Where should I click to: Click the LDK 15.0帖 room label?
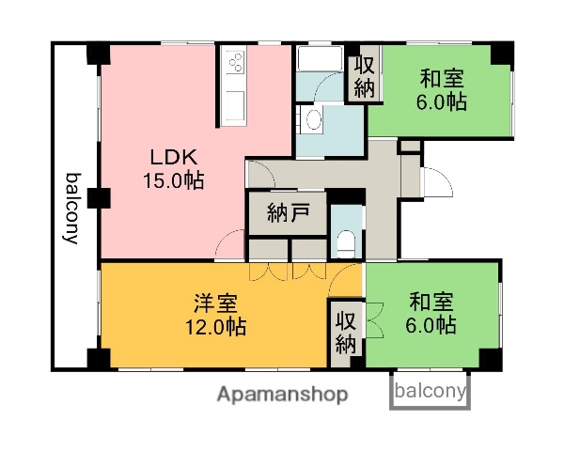click(x=173, y=167)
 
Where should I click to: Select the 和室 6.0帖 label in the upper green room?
click(x=442, y=91)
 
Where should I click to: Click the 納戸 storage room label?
click(x=288, y=211)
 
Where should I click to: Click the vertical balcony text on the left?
click(x=71, y=208)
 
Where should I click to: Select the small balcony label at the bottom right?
click(x=430, y=392)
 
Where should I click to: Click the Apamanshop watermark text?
click(x=282, y=394)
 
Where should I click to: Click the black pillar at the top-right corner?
click(x=506, y=54)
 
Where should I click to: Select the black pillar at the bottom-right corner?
click(x=490, y=359)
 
